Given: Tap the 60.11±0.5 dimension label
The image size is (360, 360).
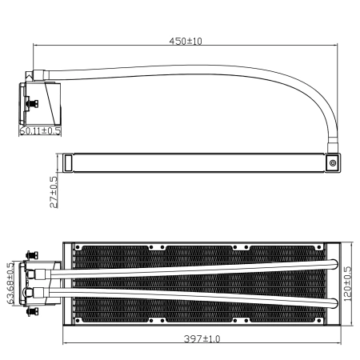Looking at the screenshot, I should point(40,130).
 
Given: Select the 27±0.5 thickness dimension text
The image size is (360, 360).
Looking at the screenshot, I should point(54,192).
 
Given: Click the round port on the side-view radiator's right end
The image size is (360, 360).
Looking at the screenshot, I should point(333,162).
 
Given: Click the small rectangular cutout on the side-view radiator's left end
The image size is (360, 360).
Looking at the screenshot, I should point(69,162).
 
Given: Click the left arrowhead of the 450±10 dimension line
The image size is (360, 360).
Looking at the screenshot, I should point(36,46).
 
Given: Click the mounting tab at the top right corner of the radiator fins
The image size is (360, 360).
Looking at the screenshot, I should point(316,247).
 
